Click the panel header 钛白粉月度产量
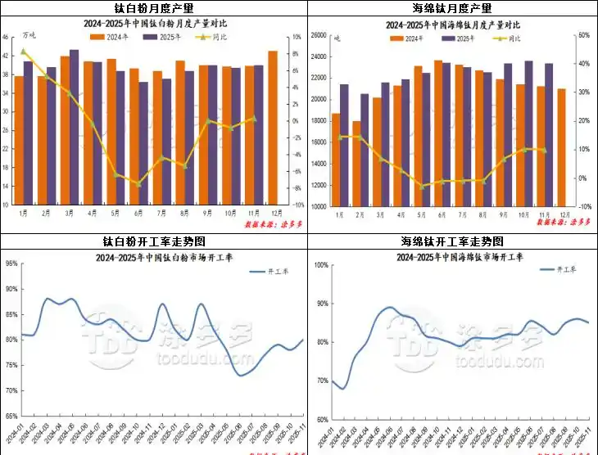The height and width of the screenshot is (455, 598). pos(152,8)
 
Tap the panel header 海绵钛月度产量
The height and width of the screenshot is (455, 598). pos(452,8)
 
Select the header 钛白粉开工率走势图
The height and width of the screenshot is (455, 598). pos(152,241)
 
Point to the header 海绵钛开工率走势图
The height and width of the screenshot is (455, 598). pos(452,241)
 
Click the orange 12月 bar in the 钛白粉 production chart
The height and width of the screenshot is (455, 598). pos(273,127)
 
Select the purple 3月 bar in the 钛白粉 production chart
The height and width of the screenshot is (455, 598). pos(75,127)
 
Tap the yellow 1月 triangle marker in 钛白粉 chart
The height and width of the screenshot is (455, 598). pos(23,52)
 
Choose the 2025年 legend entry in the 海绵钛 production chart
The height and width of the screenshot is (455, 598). pos(462,38)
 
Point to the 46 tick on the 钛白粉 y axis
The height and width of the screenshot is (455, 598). pos(6,37)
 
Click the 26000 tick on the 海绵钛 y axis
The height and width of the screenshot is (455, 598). pos(319,35)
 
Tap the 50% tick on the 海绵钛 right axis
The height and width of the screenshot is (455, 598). pos(583,35)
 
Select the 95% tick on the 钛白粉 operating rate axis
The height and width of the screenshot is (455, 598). pos(10,264)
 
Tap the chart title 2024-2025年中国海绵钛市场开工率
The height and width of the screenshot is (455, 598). pos(451,256)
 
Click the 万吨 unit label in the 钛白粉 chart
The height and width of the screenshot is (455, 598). pos(29,35)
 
